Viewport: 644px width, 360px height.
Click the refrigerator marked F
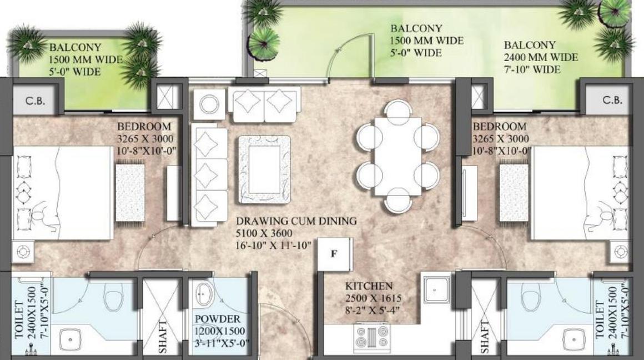click(x=335, y=254)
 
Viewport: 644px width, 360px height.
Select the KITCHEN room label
click(x=369, y=286)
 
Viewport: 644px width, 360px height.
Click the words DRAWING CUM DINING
click(x=296, y=221)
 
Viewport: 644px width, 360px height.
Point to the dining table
click(x=398, y=156)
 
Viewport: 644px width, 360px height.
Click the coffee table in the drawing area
click(x=264, y=169)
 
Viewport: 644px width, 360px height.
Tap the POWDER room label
click(x=218, y=319)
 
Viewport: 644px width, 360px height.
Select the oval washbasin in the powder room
click(x=204, y=294)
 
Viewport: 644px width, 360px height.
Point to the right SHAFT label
click(x=485, y=337)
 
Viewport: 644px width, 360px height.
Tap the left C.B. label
click(x=35, y=101)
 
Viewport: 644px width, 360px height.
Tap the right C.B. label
click(x=612, y=100)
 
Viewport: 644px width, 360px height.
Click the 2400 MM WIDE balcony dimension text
click(x=541, y=57)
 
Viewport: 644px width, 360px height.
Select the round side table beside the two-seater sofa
click(x=209, y=104)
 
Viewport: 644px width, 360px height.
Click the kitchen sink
click(x=436, y=289)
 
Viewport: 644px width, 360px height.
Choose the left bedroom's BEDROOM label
click(x=144, y=127)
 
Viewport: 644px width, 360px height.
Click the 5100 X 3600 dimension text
click(x=264, y=233)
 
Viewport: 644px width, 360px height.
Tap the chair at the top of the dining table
click(x=398, y=110)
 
